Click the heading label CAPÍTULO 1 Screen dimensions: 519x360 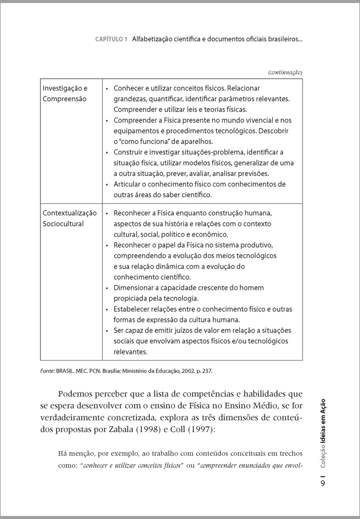[111, 39]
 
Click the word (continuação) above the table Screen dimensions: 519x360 [285, 72]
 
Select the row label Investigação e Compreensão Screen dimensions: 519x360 [65, 93]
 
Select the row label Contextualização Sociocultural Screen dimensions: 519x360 [70, 218]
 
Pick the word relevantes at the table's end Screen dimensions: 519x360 [130, 352]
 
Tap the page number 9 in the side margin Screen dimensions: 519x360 [323, 482]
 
